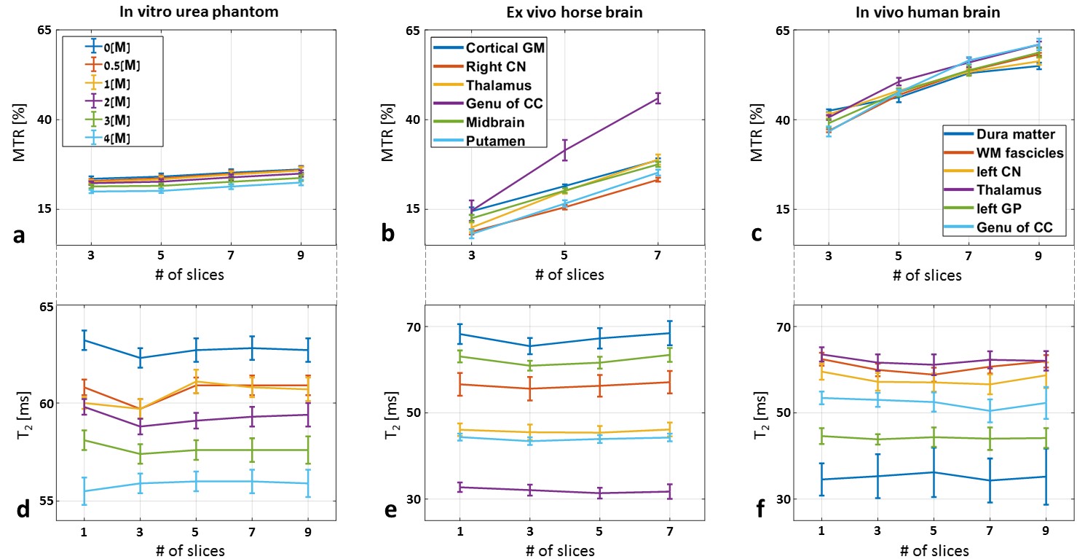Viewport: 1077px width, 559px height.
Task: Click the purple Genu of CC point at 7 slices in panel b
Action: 658,98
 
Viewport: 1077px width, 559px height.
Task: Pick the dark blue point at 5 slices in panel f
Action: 899,472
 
